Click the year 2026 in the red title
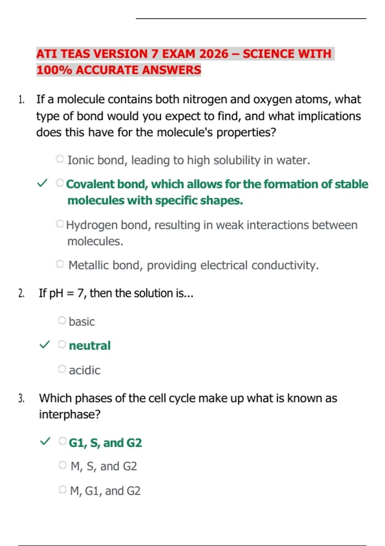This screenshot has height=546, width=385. [x=213, y=54]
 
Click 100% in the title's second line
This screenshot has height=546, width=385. [x=54, y=70]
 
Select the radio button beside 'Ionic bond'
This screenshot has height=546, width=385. [x=60, y=159]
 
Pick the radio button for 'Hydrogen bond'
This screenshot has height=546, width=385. [x=60, y=224]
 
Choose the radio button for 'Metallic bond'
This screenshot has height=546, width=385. [x=60, y=264]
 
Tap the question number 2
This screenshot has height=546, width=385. [x=21, y=293]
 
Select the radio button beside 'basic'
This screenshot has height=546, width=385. [x=62, y=320]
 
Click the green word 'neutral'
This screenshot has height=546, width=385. [x=90, y=346]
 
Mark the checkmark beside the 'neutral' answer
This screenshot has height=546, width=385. [x=45, y=345]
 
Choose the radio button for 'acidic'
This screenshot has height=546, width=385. [x=62, y=369]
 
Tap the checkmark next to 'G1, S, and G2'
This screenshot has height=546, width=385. [x=45, y=441]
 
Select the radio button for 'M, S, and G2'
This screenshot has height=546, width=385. [x=63, y=465]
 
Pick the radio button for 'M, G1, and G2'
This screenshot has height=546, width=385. [x=63, y=490]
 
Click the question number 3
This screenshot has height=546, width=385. [x=21, y=399]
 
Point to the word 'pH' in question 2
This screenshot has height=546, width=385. [x=56, y=294]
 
